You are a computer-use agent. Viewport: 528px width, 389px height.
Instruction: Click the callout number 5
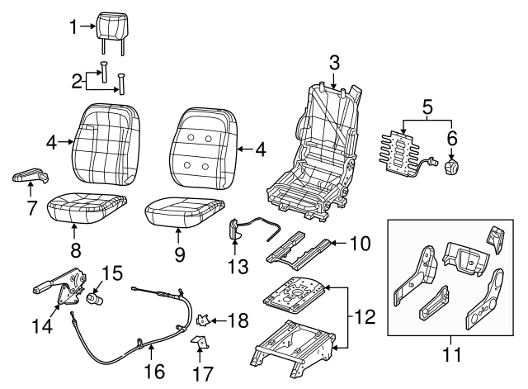tap(427, 107)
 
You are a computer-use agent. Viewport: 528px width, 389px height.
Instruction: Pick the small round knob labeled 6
tap(452, 168)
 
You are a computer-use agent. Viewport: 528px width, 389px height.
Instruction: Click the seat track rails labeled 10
tap(302, 249)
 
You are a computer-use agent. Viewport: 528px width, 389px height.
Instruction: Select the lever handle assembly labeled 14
tap(62, 288)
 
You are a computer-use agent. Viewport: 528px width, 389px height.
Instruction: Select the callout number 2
tap(76, 80)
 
